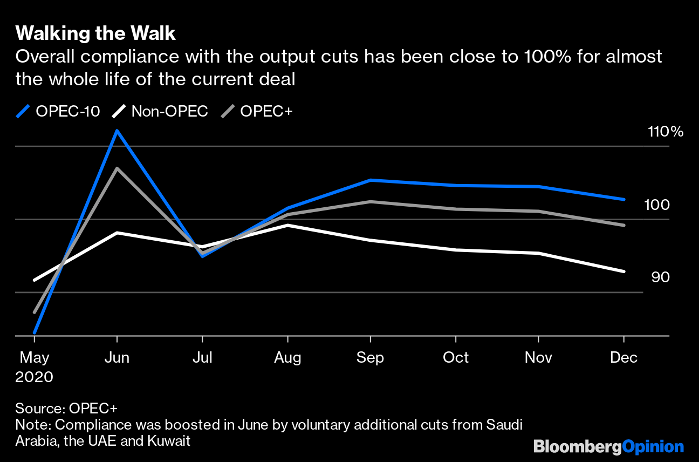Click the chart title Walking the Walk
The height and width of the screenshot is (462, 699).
click(x=95, y=33)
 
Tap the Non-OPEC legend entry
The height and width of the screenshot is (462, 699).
click(x=160, y=112)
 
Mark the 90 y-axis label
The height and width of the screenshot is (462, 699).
click(x=660, y=277)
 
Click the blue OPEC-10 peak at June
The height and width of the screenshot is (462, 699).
click(x=117, y=131)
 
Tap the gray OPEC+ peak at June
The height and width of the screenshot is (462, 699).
click(x=117, y=168)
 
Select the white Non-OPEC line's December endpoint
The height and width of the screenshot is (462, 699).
click(x=624, y=271)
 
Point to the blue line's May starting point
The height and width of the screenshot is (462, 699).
click(x=35, y=333)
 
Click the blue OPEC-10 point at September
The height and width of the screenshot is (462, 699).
click(x=370, y=180)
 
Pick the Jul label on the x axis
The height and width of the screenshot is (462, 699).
click(x=202, y=358)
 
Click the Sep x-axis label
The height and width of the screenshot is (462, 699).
click(x=370, y=358)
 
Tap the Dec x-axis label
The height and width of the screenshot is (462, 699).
click(x=624, y=358)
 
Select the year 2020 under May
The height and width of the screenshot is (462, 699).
click(x=35, y=377)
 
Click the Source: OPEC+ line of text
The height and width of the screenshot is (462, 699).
click(x=66, y=408)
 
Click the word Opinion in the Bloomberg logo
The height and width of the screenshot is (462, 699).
click(x=653, y=447)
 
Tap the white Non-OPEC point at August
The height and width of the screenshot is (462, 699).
click(x=287, y=225)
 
